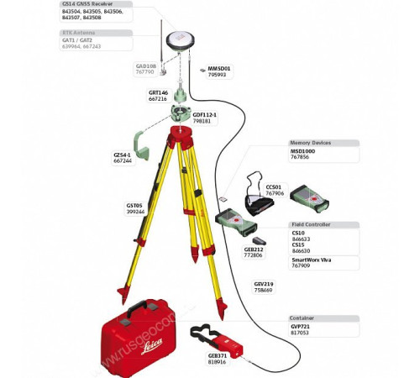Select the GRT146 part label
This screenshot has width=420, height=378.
[159, 92]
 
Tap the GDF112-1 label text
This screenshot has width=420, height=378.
[204, 114]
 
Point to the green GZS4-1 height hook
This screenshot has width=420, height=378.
[144, 151]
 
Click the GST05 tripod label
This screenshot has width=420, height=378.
[134, 205]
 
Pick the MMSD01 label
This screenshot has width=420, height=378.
[218, 68]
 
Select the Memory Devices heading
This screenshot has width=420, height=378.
[310, 143]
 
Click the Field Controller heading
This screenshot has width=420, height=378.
[310, 225]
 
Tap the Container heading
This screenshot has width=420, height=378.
[302, 318]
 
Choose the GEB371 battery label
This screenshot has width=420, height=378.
[218, 354]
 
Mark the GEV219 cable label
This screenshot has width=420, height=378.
[264, 283]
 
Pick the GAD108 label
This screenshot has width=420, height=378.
[145, 66]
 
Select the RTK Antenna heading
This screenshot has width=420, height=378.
[79, 33]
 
